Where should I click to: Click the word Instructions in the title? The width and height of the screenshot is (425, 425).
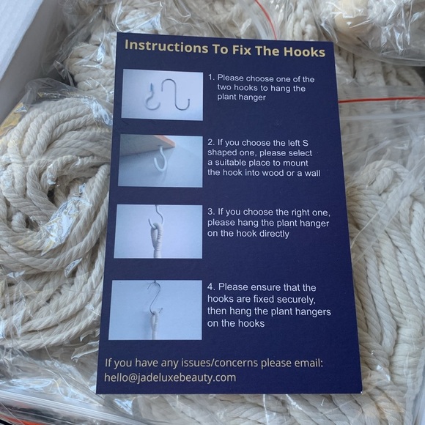point(166,47)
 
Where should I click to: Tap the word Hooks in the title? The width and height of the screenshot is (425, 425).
point(304,51)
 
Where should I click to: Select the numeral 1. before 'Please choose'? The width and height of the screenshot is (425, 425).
point(212,78)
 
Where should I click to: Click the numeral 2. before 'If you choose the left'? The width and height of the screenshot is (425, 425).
point(211,142)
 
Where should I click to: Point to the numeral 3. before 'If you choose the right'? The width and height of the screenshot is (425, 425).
point(211,212)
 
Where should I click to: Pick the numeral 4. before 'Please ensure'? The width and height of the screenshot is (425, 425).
point(211,287)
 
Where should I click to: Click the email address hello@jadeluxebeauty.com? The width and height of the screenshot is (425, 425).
point(170,377)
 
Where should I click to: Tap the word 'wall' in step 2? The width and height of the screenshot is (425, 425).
point(312,173)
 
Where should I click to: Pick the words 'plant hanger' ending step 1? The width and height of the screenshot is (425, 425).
point(241,97)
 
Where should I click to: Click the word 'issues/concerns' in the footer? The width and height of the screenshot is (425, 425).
point(219,363)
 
